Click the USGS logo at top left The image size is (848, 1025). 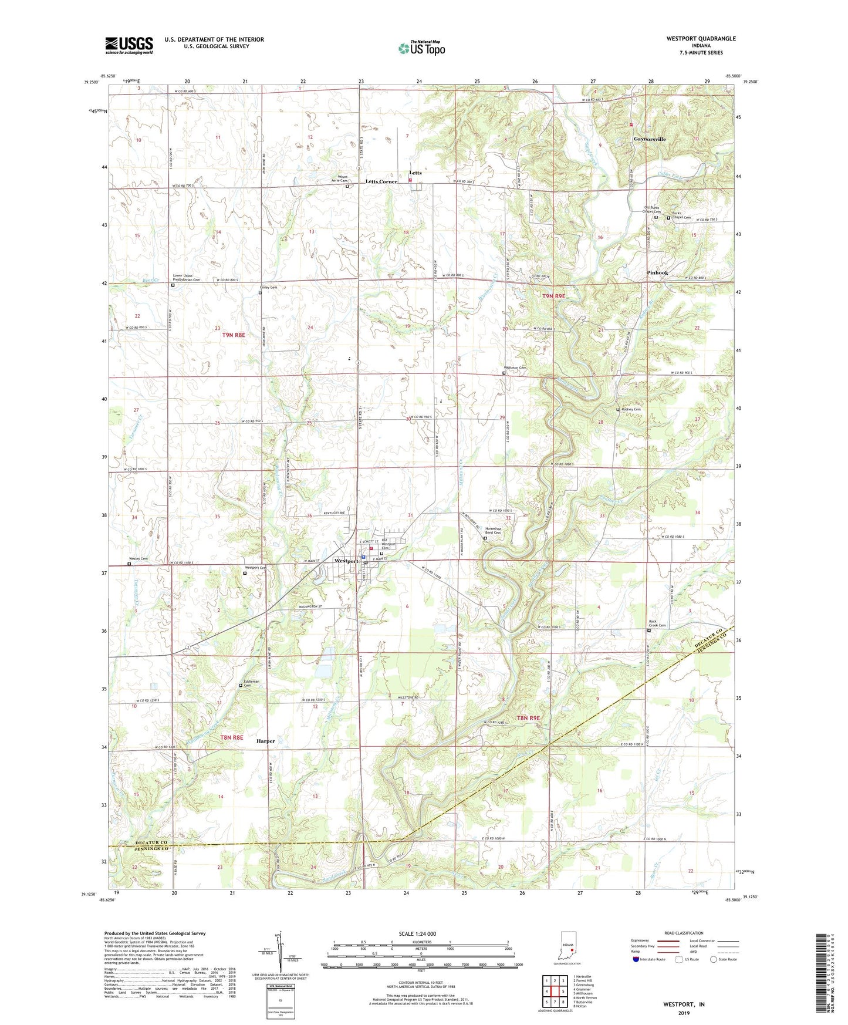click(129, 45)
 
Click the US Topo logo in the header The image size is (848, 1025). click(421, 48)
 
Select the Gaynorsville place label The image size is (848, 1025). click(650, 139)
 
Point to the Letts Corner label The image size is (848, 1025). click(381, 181)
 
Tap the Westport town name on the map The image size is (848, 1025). click(346, 561)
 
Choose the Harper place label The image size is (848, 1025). click(265, 741)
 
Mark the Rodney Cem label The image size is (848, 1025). click(631, 409)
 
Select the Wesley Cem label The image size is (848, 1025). click(138, 558)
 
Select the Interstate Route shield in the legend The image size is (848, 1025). click(637, 959)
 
